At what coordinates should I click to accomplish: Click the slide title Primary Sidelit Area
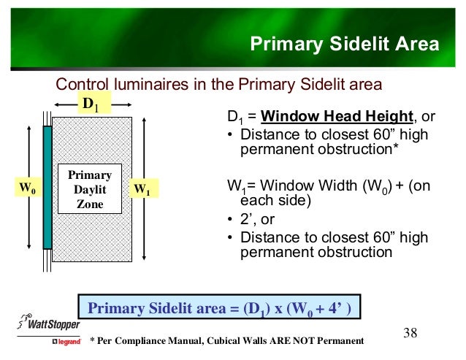coord(344,45)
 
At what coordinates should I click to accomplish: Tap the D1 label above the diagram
coord(91,105)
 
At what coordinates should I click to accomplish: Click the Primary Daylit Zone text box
coord(89,189)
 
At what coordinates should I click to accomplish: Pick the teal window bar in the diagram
coord(47,187)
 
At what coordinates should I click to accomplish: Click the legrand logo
coord(64,342)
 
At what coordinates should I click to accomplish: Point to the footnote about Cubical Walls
coord(226,341)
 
